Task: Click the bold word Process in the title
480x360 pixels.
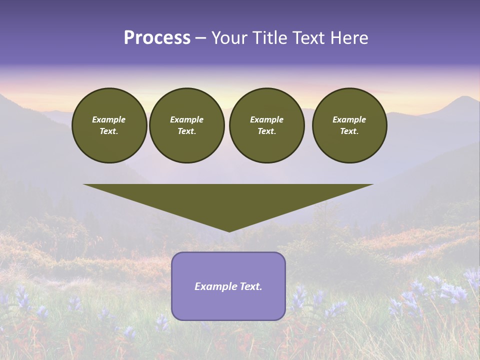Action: point(157,38)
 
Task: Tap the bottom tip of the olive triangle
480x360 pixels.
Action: point(229,230)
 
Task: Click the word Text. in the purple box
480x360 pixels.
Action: point(251,286)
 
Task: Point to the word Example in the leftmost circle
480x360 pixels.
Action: point(109,119)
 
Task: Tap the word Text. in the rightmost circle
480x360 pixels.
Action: point(349,131)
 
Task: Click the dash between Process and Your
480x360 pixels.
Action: point(200,38)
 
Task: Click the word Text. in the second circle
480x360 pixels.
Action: point(186,131)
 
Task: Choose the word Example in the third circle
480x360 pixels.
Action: point(266,119)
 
